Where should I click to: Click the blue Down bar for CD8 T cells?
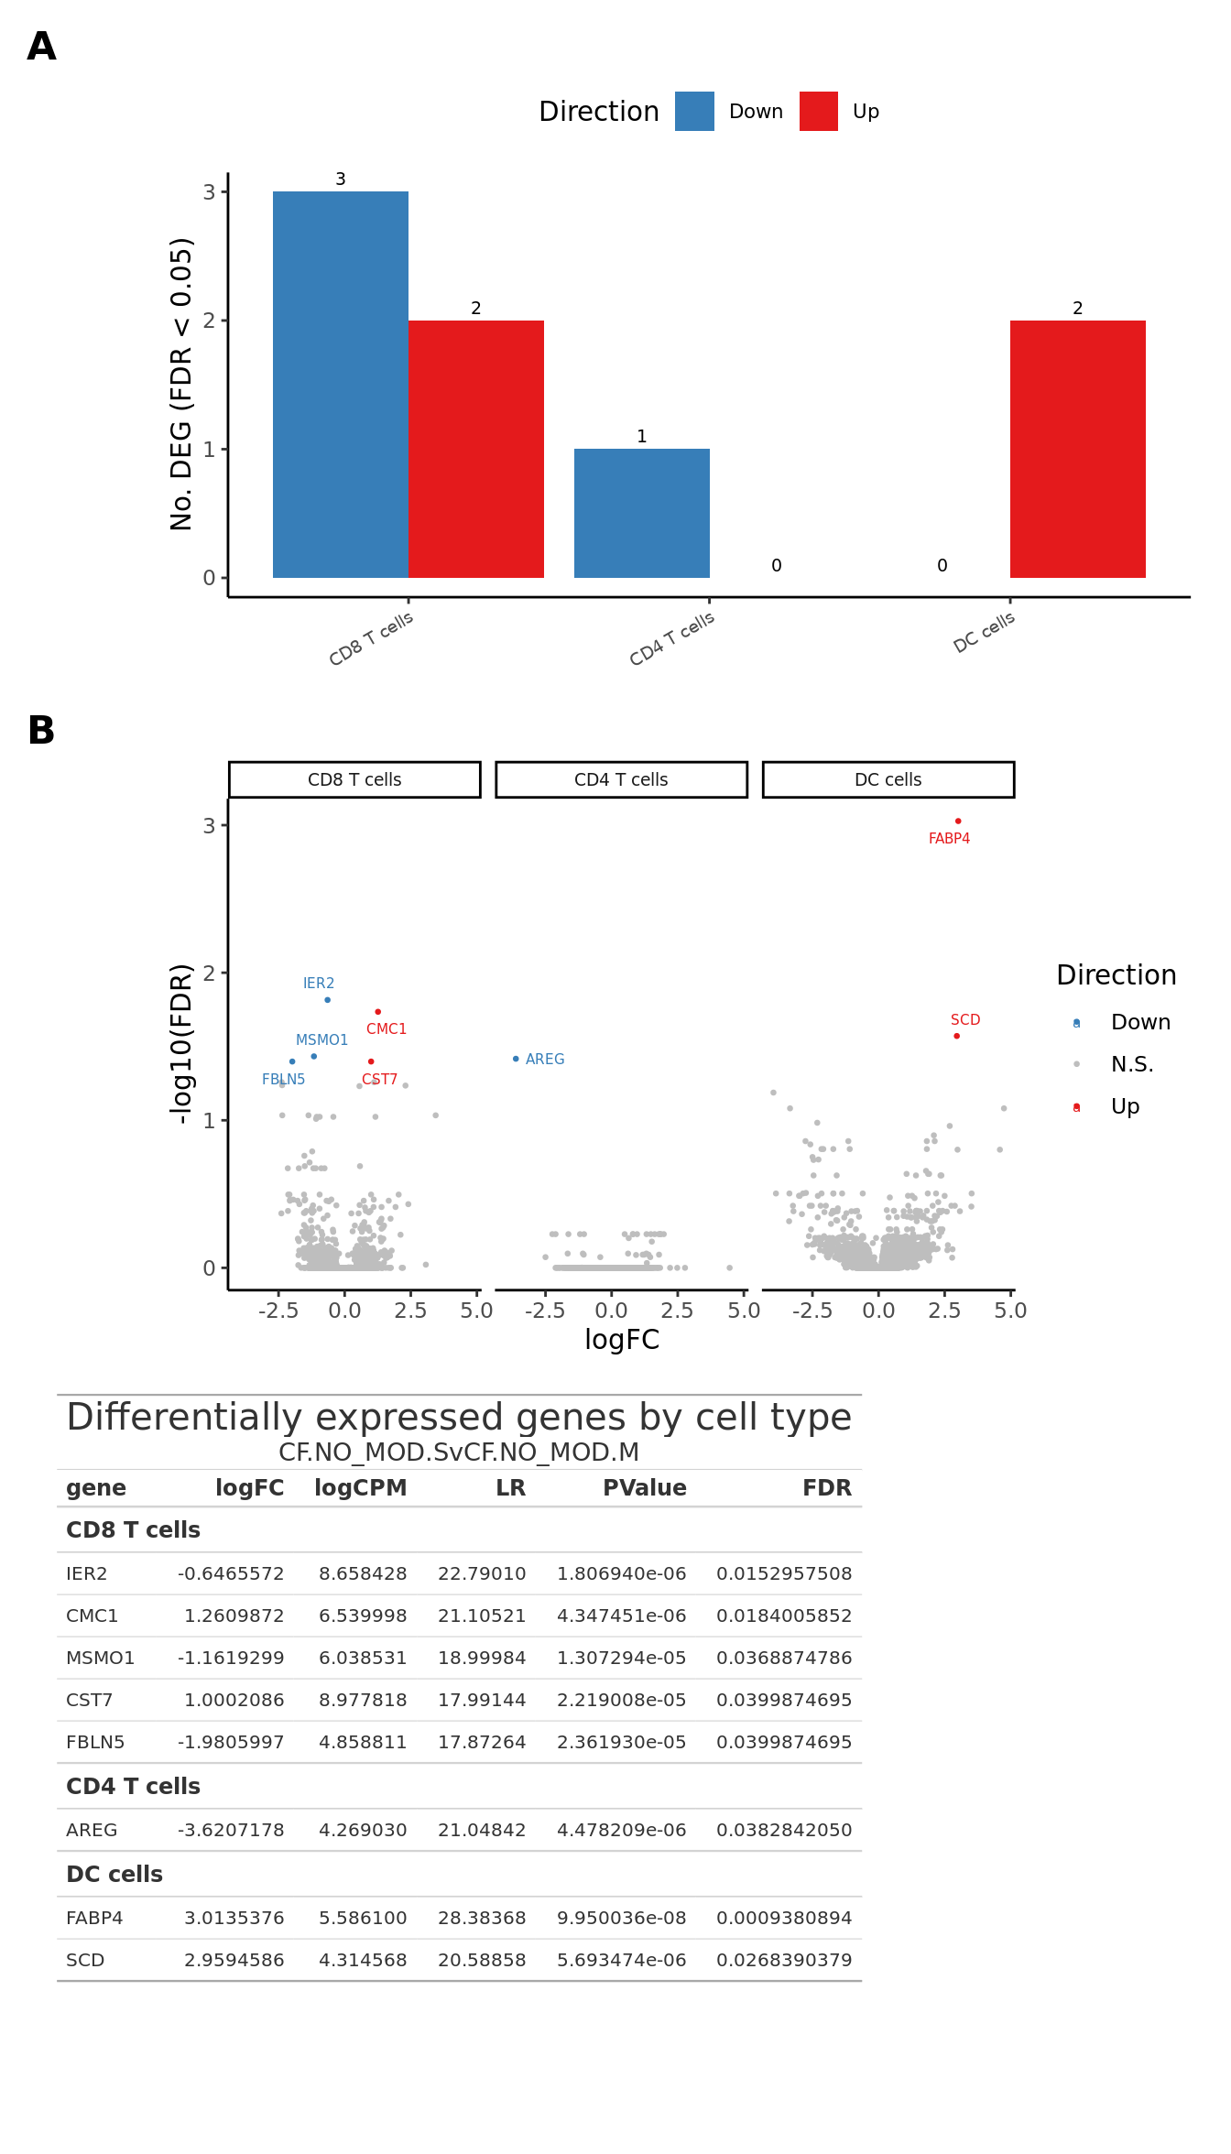click(x=341, y=385)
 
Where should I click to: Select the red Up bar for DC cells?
click(x=1077, y=449)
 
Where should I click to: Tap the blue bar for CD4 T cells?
click(x=641, y=513)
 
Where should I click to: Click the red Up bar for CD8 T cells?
click(x=475, y=449)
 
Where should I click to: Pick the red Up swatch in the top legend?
click(x=818, y=112)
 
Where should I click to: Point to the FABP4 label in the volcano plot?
click(x=949, y=839)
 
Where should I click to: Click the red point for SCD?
click(x=956, y=1036)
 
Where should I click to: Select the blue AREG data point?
click(x=516, y=1059)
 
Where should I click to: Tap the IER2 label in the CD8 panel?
click(x=319, y=984)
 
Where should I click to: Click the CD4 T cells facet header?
click(x=621, y=779)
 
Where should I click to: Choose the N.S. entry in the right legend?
click(x=1131, y=1064)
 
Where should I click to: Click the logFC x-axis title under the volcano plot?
click(x=622, y=1340)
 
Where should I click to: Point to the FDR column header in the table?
click(x=826, y=1488)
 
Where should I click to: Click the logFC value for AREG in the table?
click(x=231, y=1830)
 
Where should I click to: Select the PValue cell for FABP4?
click(x=621, y=1918)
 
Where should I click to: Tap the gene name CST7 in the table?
click(x=90, y=1700)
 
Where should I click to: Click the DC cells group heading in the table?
click(x=114, y=1874)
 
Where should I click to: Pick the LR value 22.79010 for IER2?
click(x=482, y=1573)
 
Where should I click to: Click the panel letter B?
click(x=41, y=731)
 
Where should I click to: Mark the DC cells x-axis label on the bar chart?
click(x=984, y=632)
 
